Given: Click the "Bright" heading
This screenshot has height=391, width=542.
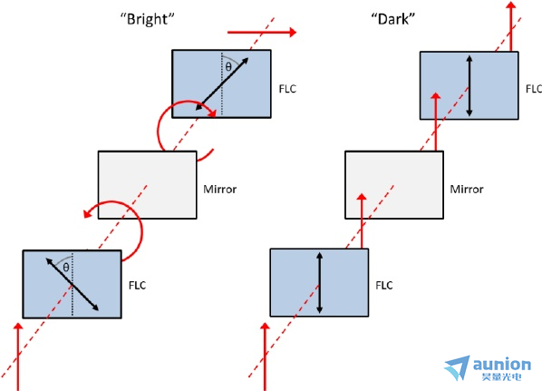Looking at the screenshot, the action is point(147,19).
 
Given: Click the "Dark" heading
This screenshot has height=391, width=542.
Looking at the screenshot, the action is point(393,19).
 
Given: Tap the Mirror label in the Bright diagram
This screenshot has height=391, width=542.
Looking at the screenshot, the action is point(220,190).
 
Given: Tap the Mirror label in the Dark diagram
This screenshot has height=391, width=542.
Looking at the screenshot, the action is point(467,190).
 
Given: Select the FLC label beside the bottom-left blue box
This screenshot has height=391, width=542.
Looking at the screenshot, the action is point(138,286).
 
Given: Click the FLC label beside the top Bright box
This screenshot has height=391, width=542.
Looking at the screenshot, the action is point(287,89).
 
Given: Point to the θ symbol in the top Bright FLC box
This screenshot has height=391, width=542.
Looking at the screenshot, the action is point(228,66).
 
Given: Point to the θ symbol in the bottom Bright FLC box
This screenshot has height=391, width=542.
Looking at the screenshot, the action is point(66,267).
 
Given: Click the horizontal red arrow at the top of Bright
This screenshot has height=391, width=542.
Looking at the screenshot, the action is point(262,32).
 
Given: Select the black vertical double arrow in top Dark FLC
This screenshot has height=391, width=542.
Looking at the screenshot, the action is point(469,86).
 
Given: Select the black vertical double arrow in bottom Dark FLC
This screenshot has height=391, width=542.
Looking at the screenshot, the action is point(319,283).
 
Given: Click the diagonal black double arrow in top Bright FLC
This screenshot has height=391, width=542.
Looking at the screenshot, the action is point(222,84).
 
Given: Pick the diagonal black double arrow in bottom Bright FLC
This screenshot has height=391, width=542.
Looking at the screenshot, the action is point(73,285).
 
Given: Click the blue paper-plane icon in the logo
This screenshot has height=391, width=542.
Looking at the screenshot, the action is point(458,367).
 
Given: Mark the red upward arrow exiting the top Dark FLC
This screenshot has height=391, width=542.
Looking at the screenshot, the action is point(511,26).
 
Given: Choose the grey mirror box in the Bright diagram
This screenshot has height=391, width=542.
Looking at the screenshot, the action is point(147,185).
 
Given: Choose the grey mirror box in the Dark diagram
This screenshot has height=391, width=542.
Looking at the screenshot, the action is point(394,185).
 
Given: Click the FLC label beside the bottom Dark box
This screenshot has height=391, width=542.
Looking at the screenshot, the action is point(384,286).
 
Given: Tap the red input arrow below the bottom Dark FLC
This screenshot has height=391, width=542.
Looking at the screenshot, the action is point(266,357).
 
